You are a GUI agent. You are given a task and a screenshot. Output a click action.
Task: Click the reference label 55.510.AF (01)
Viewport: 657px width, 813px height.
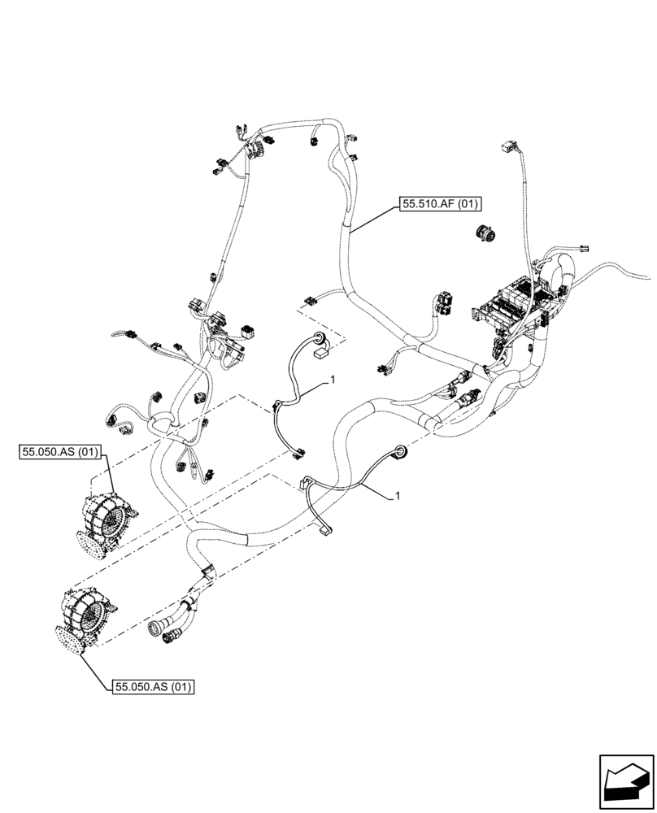tap(437, 205)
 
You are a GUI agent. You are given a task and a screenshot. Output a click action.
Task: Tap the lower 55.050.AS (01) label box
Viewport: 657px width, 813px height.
tap(153, 687)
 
